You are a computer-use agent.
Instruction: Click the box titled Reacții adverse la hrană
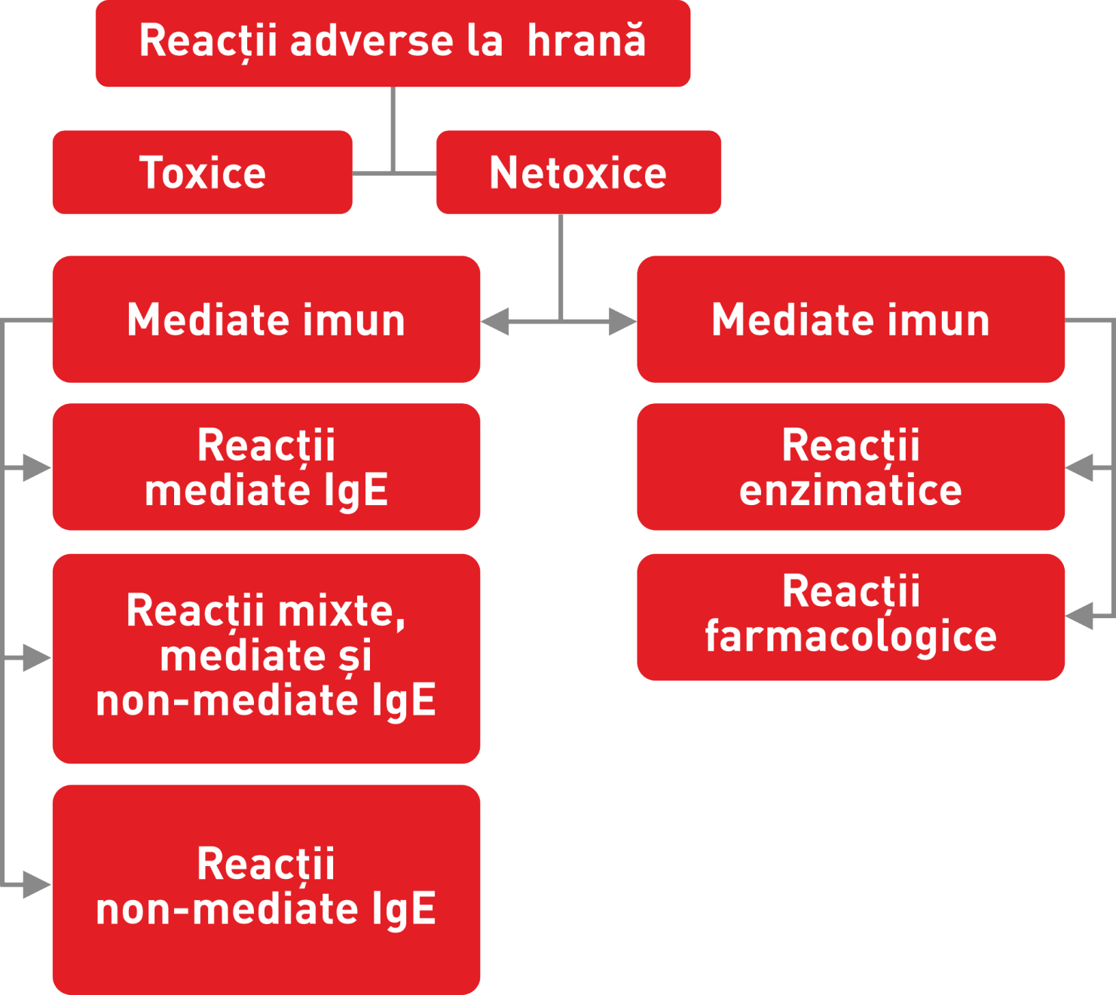pyautogui.click(x=392, y=43)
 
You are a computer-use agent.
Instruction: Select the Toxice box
pyautogui.click(x=202, y=173)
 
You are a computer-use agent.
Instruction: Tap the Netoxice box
pyautogui.click(x=578, y=173)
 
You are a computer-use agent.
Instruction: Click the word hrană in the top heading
pyautogui.click(x=586, y=41)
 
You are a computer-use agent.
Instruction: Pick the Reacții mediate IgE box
pyautogui.click(x=266, y=467)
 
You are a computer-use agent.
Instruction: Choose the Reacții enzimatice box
pyautogui.click(x=850, y=467)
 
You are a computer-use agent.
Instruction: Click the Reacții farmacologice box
pyautogui.click(x=850, y=617)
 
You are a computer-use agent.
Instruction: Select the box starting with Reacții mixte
pyautogui.click(x=266, y=658)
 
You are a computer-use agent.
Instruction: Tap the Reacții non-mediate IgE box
pyautogui.click(x=266, y=889)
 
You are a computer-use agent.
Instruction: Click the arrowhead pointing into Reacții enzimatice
pyautogui.click(x=1081, y=468)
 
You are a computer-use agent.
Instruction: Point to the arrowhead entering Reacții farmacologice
pyautogui.click(x=1081, y=616)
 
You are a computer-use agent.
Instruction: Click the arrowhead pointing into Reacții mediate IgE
pyautogui.click(x=36, y=468)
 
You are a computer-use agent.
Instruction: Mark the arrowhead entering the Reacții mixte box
pyautogui.click(x=36, y=658)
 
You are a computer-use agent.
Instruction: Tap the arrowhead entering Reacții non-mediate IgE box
pyautogui.click(x=36, y=884)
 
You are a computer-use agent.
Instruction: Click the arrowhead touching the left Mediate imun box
pyautogui.click(x=496, y=322)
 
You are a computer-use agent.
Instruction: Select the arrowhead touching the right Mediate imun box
pyautogui.click(x=622, y=322)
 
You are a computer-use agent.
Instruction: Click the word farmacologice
pyautogui.click(x=850, y=637)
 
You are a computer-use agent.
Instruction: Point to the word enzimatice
pyautogui.click(x=850, y=491)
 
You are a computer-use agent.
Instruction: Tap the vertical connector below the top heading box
pyautogui.click(x=393, y=128)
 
